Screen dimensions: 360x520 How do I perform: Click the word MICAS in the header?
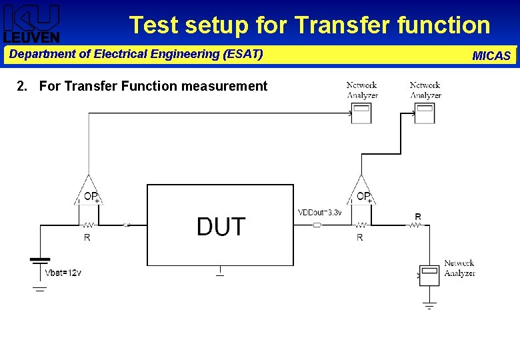[491, 56]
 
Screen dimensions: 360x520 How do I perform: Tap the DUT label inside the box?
[221, 227]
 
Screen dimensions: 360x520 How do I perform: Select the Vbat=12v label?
[63, 273]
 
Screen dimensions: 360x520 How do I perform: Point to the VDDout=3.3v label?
[320, 213]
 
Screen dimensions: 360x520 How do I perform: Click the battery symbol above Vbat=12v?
[41, 259]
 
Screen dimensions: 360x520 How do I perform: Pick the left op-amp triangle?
[89, 190]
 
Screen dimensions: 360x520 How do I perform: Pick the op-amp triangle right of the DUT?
[361, 190]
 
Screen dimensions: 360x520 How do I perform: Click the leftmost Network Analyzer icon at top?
[361, 113]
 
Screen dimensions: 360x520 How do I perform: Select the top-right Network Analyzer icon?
[424, 113]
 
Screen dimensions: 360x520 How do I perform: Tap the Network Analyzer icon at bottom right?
[431, 275]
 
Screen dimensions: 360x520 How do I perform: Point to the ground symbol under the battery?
[40, 289]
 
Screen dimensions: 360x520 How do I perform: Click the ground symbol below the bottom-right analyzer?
[430, 305]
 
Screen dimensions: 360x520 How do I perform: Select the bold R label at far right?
[418, 217]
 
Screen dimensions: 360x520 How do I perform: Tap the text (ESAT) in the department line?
[245, 53]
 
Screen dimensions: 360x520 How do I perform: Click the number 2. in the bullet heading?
[23, 86]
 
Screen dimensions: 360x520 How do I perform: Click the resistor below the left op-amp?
[87, 225]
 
